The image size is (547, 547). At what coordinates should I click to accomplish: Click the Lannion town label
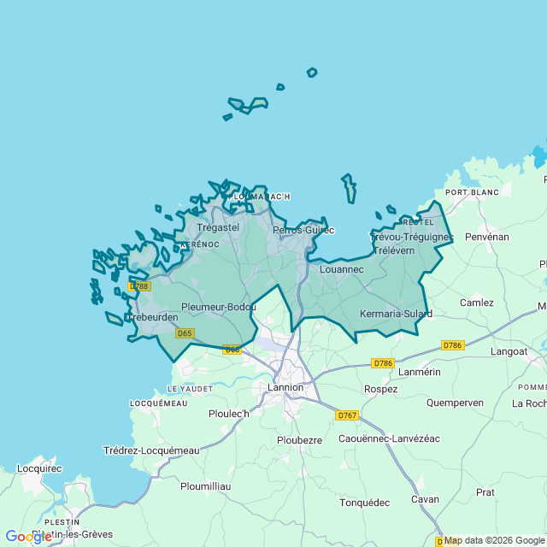tap(285, 387)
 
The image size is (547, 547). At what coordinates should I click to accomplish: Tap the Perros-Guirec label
tap(303, 230)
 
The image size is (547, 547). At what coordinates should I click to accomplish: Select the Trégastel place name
tap(218, 228)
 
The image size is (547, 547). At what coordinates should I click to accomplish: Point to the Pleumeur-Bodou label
tap(219, 307)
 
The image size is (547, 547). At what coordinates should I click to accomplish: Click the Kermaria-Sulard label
tap(397, 314)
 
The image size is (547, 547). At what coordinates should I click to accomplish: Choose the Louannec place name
tap(341, 269)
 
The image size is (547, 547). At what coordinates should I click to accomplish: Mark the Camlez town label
tap(477, 303)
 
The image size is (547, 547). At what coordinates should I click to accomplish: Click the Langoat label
tap(509, 351)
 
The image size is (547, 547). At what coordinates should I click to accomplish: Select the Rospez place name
tap(380, 389)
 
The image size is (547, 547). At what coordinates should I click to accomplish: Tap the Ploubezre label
tap(299, 440)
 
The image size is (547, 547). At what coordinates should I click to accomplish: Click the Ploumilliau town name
tap(206, 486)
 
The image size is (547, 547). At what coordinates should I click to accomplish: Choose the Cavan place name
tap(425, 499)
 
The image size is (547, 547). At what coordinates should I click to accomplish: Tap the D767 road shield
tap(346, 415)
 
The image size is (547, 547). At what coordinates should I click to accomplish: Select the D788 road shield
tap(139, 286)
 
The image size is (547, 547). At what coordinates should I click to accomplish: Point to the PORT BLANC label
tap(472, 192)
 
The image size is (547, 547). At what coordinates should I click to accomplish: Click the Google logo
tap(28, 537)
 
